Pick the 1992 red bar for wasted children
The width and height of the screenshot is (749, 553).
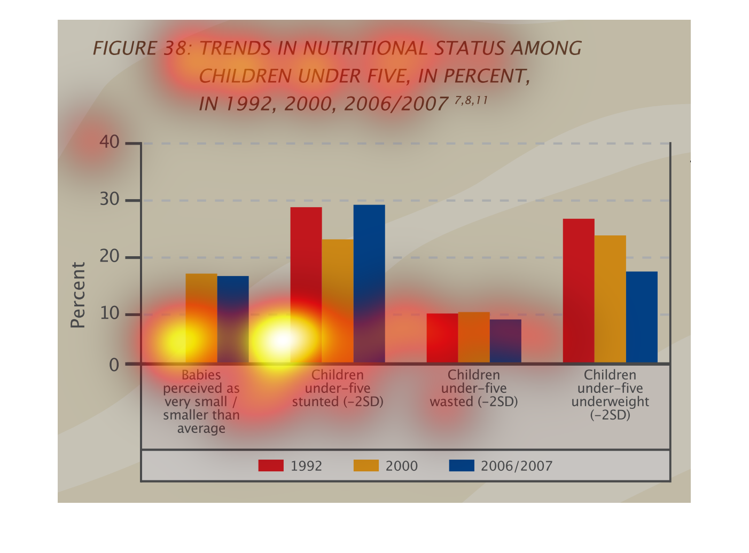coord(442,338)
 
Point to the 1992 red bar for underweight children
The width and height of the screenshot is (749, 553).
coord(579,291)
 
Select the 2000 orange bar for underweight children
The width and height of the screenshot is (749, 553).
coord(610,299)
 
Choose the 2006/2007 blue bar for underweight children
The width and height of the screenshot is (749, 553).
coord(642,317)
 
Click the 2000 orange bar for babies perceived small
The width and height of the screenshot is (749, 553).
coord(201,318)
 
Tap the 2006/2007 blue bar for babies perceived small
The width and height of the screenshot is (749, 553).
coord(233,319)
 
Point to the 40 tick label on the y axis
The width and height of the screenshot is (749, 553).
coord(110,142)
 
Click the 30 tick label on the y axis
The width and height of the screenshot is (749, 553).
coord(110,200)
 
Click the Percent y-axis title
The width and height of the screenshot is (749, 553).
coord(78,295)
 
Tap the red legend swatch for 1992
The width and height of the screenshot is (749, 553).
coord(271,465)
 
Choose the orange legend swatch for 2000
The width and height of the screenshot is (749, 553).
coord(366,465)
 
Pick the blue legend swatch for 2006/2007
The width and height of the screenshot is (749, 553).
coord(462,465)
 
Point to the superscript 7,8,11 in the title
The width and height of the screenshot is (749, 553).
coord(471,100)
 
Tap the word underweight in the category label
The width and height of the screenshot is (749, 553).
coord(610,402)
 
